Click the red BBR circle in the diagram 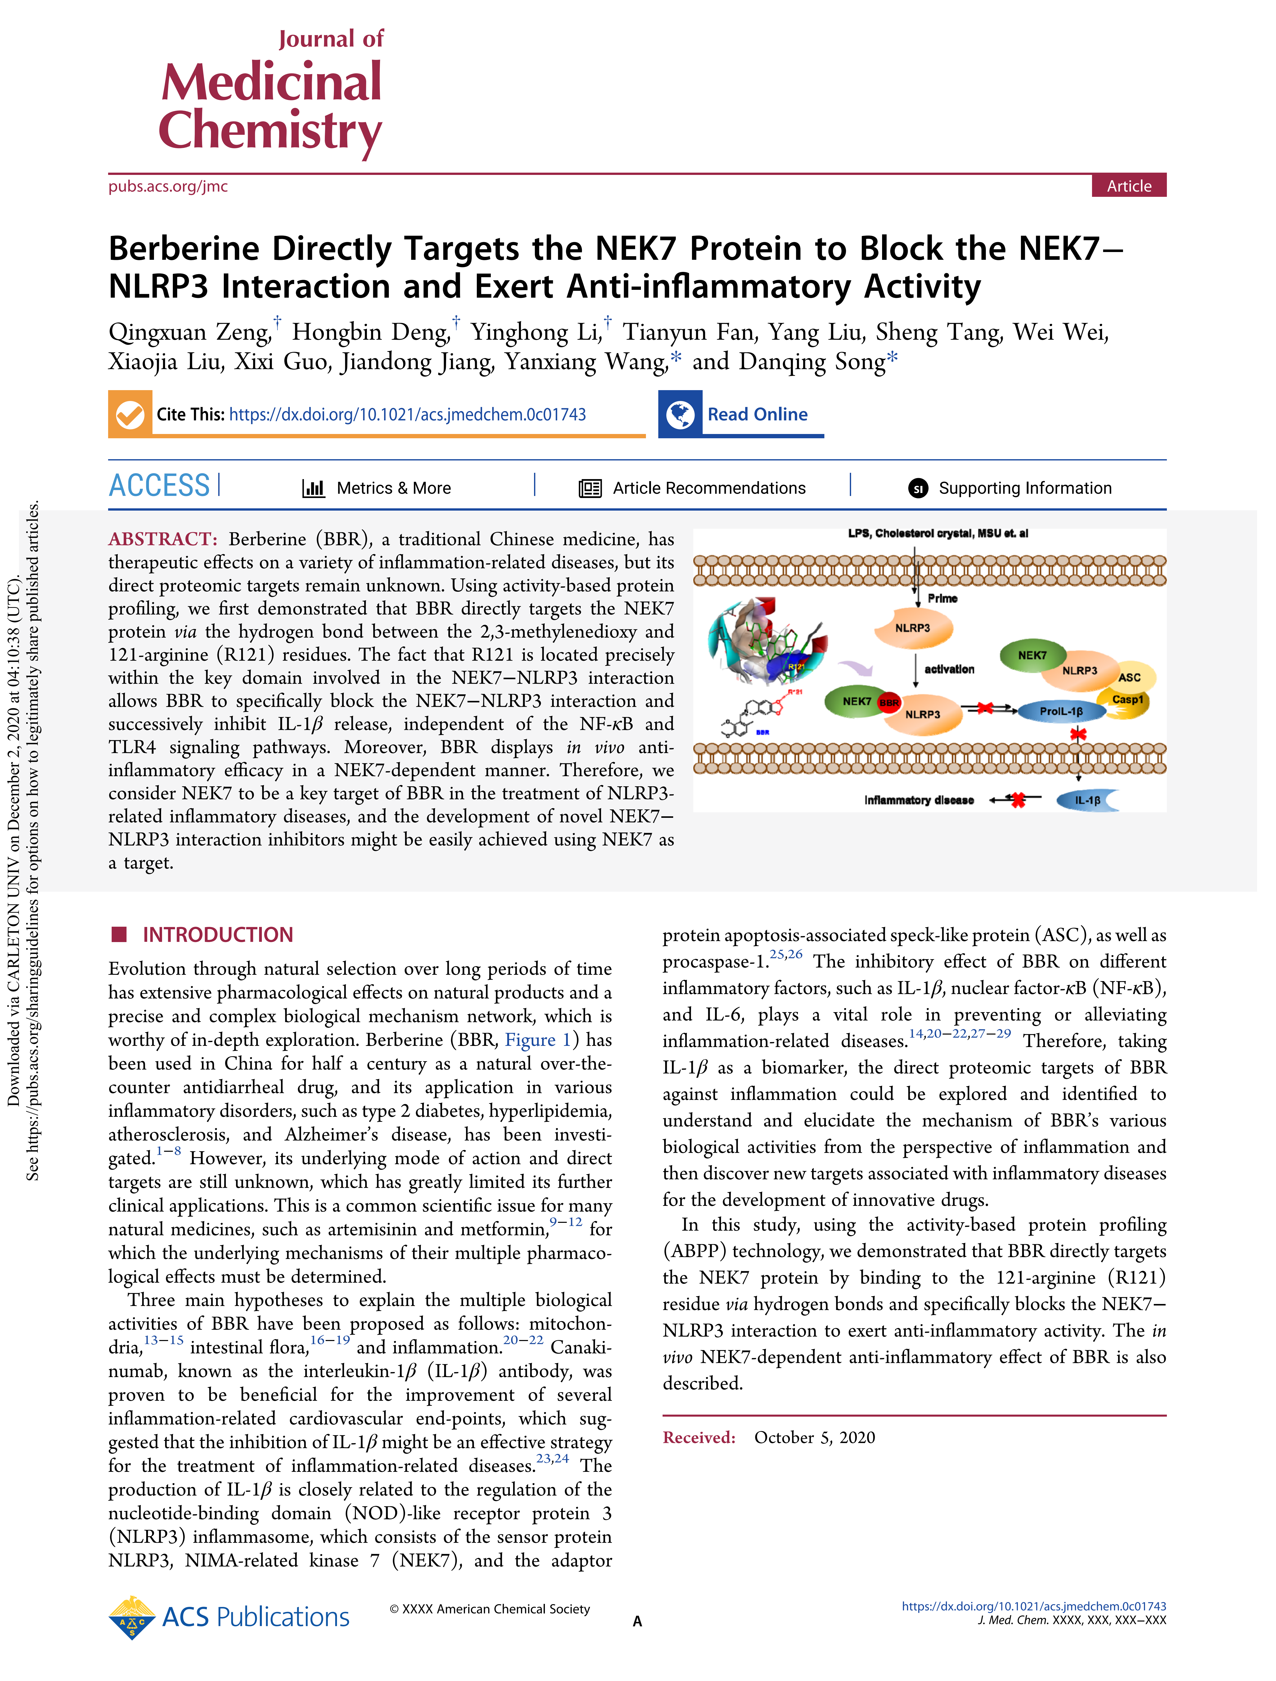(888, 703)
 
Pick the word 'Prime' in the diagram (942, 599)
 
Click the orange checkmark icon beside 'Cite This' (130, 414)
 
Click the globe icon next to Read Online (680, 414)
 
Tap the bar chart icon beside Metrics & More (313, 488)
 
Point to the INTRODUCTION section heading (217, 935)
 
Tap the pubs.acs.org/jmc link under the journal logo (168, 186)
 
